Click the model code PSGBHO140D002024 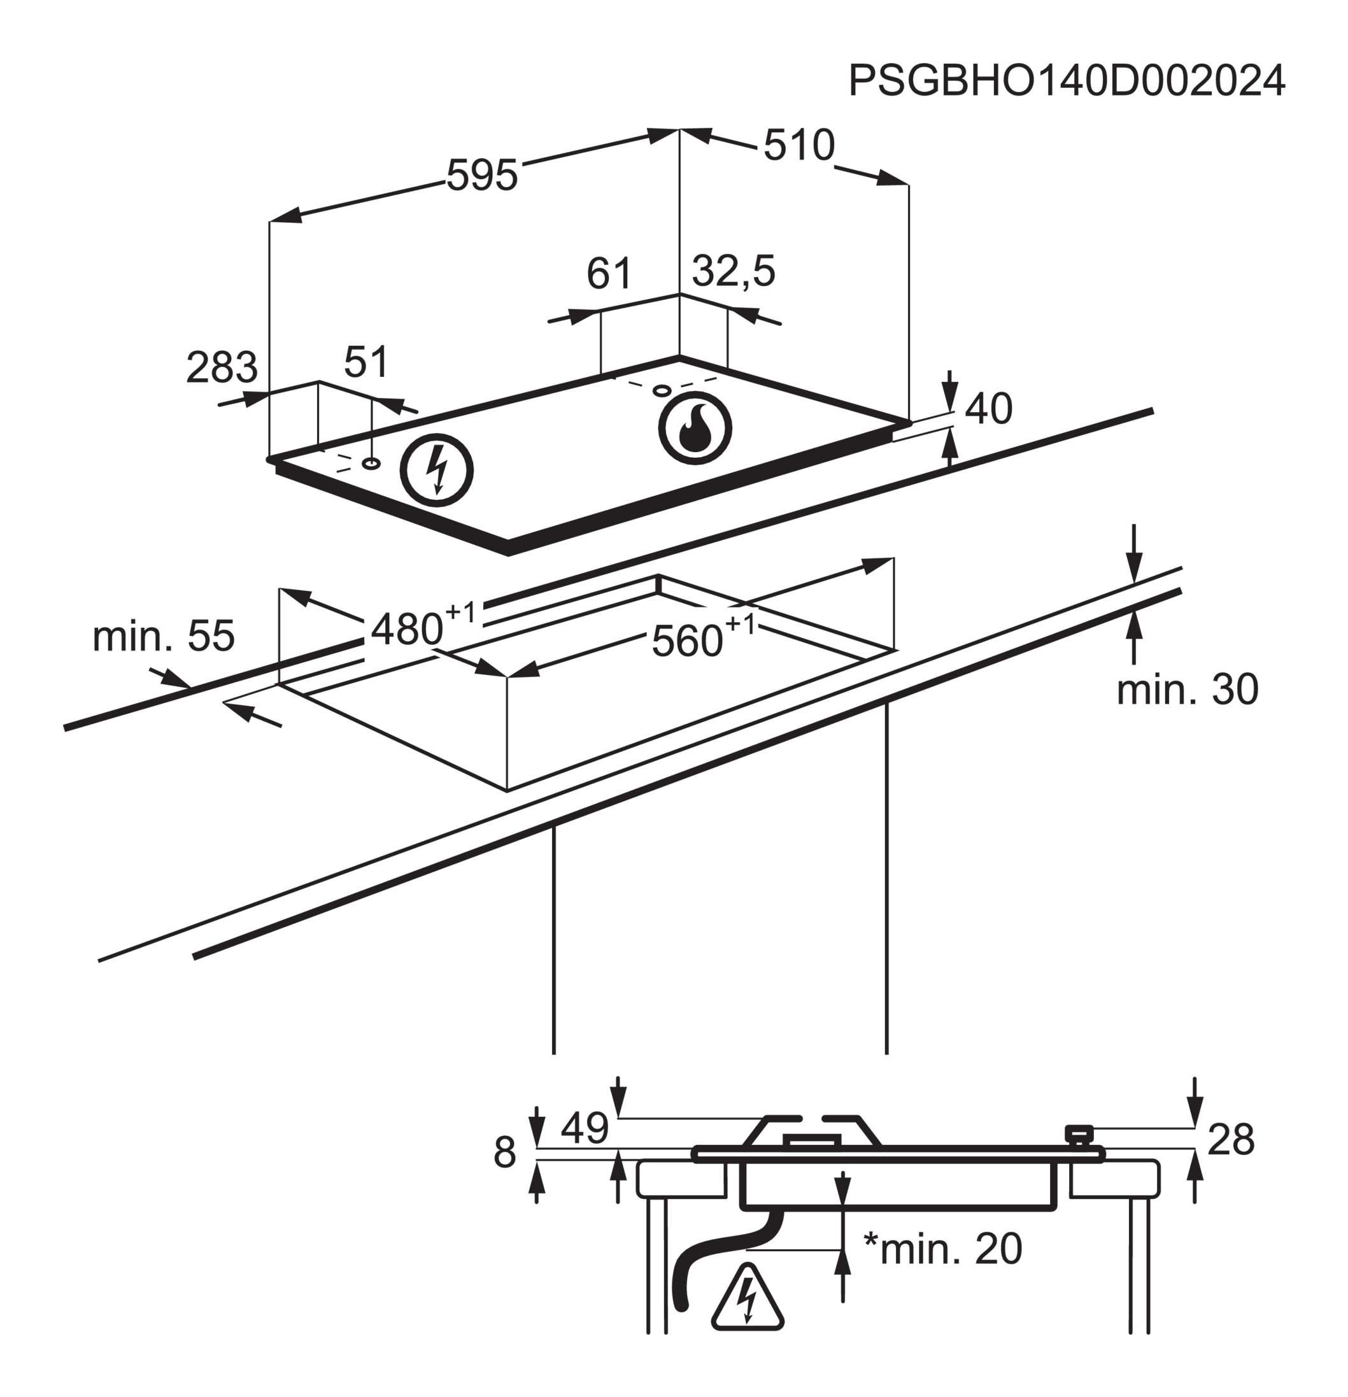1067,80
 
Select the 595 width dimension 482,175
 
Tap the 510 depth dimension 798,145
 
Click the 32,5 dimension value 734,271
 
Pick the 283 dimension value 221,368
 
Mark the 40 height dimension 988,409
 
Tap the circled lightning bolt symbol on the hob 436,470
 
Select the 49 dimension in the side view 585,1128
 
